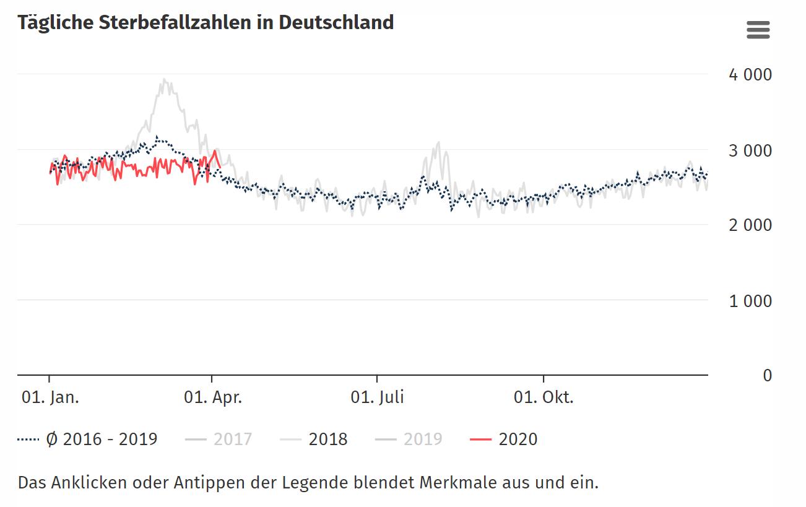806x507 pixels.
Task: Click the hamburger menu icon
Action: [x=758, y=30]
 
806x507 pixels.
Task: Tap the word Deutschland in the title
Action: [x=336, y=22]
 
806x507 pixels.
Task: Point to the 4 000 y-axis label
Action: [x=750, y=75]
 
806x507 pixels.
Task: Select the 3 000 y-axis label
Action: [x=750, y=150]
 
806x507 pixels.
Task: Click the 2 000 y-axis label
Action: [x=750, y=225]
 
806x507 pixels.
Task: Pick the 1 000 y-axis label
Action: [x=750, y=301]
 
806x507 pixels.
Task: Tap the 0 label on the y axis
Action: [x=767, y=376]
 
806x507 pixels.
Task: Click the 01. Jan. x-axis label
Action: [x=50, y=397]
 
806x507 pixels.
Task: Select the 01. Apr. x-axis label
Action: [x=212, y=397]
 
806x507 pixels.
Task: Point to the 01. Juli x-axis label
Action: [x=377, y=397]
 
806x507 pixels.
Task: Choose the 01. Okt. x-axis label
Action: [x=544, y=397]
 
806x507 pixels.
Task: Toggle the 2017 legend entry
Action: [x=232, y=440]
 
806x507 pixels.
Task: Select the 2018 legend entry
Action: [x=327, y=440]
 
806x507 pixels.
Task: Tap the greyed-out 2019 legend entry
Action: [x=422, y=440]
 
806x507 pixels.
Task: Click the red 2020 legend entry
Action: [x=518, y=440]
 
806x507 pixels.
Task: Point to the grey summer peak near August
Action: [x=438, y=144]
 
